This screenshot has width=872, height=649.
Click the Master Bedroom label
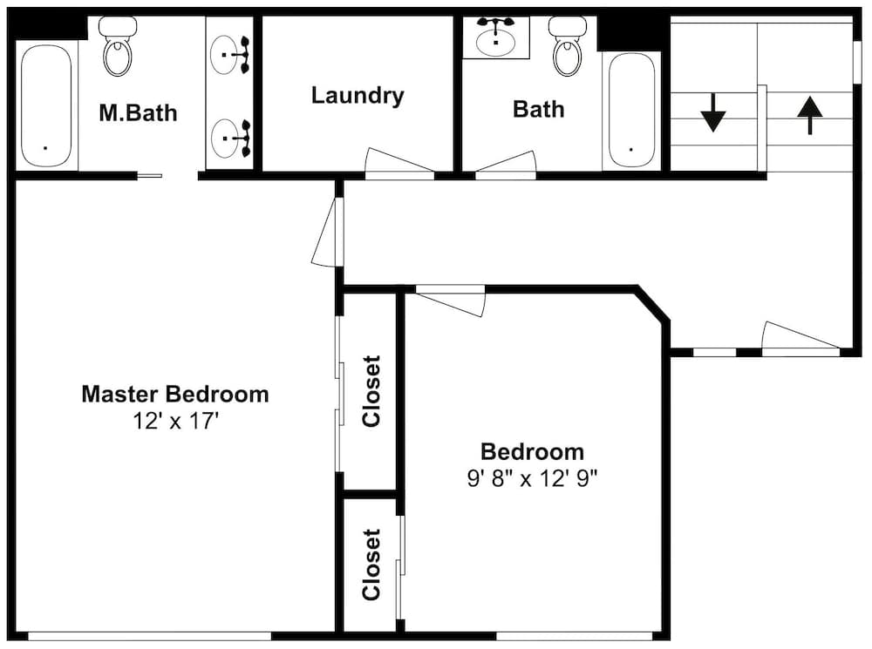pyautogui.click(x=174, y=394)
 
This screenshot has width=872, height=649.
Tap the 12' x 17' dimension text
pyautogui.click(x=174, y=421)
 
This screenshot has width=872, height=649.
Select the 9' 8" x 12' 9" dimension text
pyautogui.click(x=532, y=478)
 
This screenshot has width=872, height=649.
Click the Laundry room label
pyautogui.click(x=358, y=95)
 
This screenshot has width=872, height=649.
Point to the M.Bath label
pyautogui.click(x=137, y=112)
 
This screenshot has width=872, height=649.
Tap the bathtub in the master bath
pyautogui.click(x=46, y=105)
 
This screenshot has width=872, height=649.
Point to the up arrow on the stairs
pyautogui.click(x=810, y=115)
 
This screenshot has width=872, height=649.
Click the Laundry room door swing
pyautogui.click(x=397, y=164)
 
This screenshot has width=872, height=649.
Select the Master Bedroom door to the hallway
pyautogui.click(x=324, y=233)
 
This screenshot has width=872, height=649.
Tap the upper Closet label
pyautogui.click(x=372, y=390)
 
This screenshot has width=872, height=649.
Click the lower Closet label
pyautogui.click(x=372, y=564)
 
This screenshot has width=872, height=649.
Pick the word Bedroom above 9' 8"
pyautogui.click(x=532, y=452)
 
